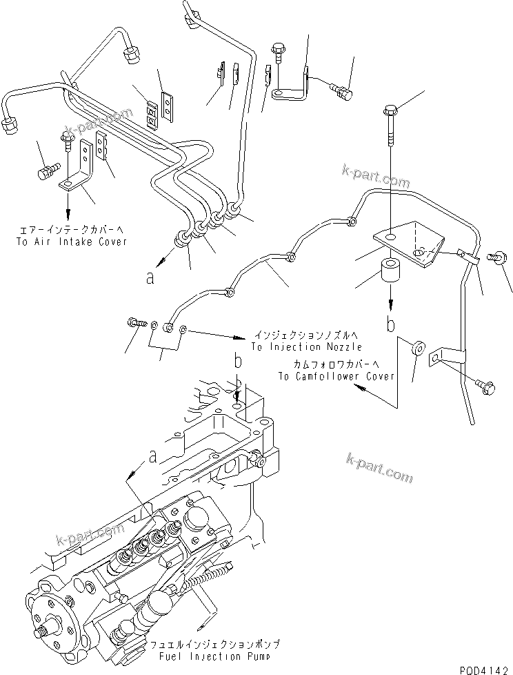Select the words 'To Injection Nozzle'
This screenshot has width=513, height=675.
[x=305, y=347]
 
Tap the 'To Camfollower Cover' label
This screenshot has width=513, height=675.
[x=336, y=376]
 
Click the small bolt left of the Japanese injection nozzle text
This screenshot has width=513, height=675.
[x=134, y=322]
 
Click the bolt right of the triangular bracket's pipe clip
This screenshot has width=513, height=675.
[x=495, y=257]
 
